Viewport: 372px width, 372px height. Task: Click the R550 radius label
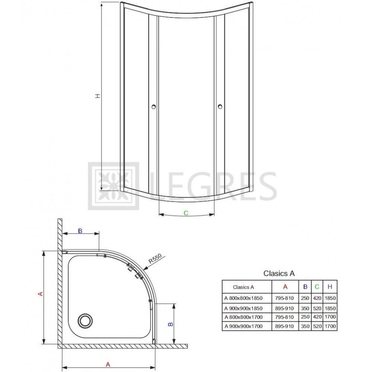point(155,259)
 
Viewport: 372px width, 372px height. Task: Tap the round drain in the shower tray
point(85,321)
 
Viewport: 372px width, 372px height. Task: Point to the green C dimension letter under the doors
point(186,213)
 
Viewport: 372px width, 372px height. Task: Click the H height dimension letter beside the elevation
point(97,96)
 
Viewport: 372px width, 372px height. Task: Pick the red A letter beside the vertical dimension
point(41,294)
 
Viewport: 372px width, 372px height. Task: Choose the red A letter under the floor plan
point(108,364)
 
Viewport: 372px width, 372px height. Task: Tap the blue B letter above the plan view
point(80,231)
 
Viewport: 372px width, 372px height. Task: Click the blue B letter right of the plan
point(171,324)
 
